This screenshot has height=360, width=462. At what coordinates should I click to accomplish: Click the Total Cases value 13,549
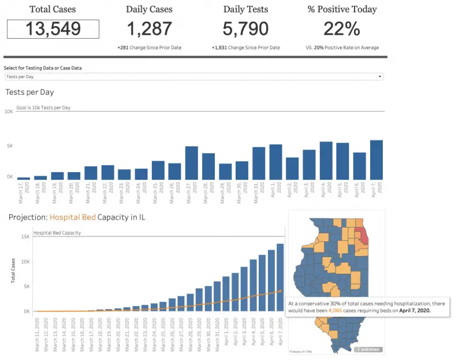53,29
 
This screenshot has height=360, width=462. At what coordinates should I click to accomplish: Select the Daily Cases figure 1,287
149,29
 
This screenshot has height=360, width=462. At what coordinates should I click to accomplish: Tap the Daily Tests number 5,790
245,29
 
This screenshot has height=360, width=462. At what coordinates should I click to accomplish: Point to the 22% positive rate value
342,29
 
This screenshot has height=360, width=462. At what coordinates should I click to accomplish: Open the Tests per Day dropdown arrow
379,76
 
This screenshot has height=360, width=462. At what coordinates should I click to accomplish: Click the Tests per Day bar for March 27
192,163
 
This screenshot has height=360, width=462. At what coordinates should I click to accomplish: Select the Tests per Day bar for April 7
377,160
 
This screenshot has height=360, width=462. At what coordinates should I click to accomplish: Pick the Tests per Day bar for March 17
24,179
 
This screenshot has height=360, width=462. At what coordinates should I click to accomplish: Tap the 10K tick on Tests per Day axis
9,112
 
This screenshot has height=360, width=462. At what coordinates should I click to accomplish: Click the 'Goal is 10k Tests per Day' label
43,107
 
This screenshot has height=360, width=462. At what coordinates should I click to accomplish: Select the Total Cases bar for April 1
226,294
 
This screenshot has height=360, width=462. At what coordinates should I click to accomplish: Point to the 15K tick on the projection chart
25,236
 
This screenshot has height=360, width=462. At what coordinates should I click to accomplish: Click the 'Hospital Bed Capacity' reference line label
57,233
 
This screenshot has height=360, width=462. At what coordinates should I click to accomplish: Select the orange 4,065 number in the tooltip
336,310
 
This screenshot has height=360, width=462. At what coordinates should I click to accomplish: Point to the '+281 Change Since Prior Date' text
149,47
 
